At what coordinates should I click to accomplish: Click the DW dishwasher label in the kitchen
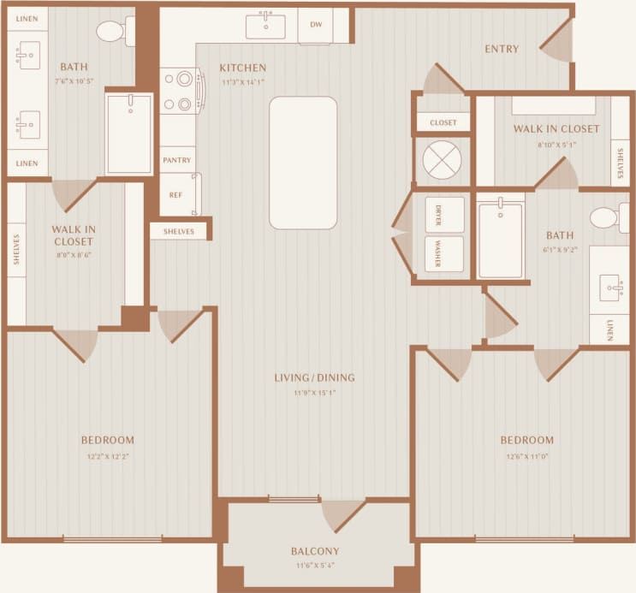click(315, 26)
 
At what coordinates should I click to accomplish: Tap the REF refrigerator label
click(175, 195)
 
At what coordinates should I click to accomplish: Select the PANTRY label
click(177, 159)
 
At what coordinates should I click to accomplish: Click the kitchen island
click(303, 163)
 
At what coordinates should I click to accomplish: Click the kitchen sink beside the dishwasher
click(265, 26)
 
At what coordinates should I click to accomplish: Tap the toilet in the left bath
click(111, 32)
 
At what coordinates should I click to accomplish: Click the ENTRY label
click(502, 49)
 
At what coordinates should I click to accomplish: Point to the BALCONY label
click(315, 551)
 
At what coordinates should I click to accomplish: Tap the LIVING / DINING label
click(314, 377)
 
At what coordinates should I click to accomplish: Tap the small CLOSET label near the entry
click(443, 122)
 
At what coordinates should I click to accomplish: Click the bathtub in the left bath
click(128, 133)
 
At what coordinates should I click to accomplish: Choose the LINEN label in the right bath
click(609, 329)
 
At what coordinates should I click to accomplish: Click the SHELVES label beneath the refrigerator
click(179, 231)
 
